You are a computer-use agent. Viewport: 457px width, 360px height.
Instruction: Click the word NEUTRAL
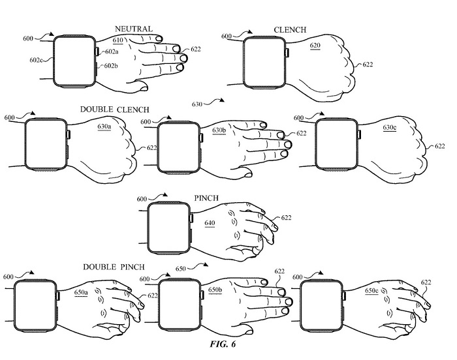(134, 29)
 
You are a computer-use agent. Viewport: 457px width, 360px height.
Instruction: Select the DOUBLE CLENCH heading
(114, 109)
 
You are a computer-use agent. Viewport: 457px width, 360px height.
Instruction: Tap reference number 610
(135, 39)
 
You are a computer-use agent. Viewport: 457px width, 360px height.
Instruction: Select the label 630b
(219, 130)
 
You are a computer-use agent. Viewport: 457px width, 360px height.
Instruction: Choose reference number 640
(210, 223)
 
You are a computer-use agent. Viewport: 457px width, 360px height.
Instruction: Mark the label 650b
(215, 288)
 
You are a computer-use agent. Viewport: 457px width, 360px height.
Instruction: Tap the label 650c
(371, 290)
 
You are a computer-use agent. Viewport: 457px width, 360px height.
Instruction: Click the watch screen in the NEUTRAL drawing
(74, 60)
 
